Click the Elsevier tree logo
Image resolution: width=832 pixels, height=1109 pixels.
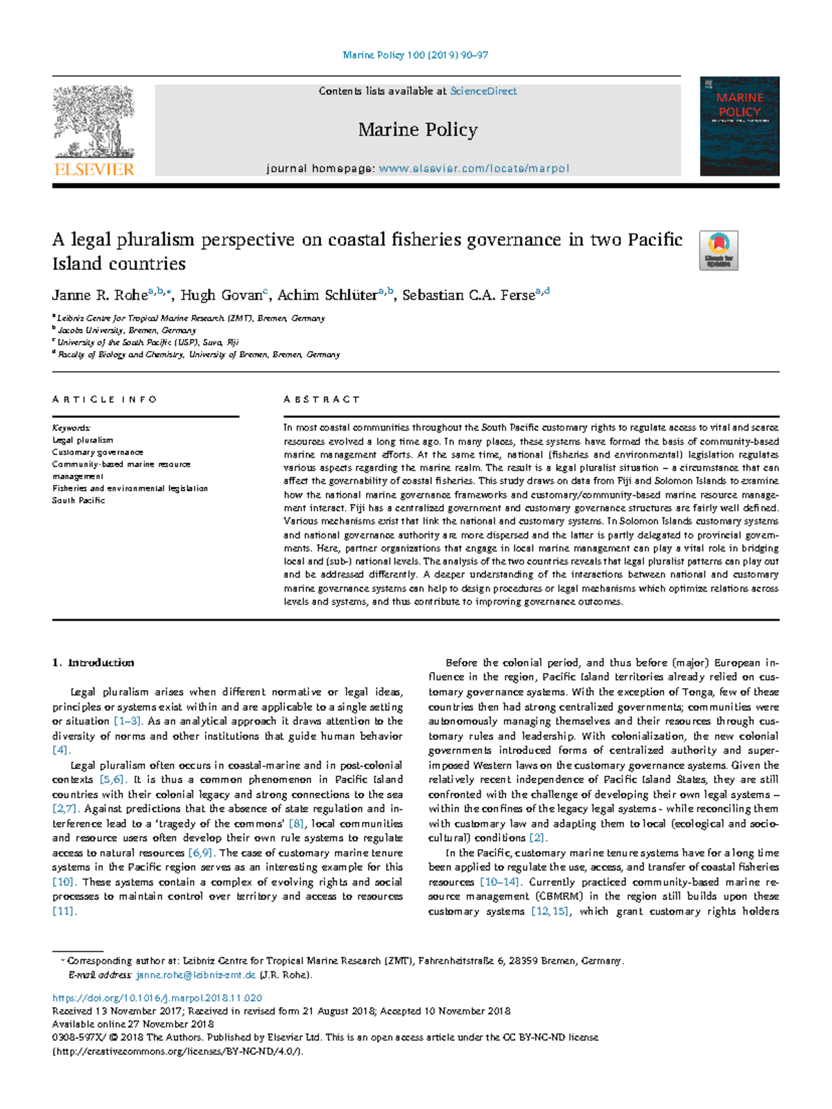click(94, 123)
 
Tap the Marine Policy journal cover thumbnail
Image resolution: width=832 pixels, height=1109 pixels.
click(739, 126)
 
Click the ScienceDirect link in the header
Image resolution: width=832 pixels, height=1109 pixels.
click(483, 91)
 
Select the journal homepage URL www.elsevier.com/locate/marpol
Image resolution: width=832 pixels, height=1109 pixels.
click(474, 169)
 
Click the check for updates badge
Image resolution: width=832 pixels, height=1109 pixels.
click(718, 250)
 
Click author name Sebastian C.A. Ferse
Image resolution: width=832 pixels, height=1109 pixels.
click(469, 295)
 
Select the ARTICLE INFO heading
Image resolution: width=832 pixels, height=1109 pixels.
click(105, 399)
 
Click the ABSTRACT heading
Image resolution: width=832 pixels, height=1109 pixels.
click(322, 399)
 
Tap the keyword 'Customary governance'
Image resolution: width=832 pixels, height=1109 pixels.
click(98, 452)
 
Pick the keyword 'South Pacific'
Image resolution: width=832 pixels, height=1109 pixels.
click(78, 500)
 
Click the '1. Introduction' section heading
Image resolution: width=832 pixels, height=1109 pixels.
click(94, 663)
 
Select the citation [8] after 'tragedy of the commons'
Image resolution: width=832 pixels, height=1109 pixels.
click(296, 824)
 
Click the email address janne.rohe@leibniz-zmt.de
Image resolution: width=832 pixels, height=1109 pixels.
click(196, 975)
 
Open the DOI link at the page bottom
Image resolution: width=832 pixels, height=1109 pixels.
click(157, 998)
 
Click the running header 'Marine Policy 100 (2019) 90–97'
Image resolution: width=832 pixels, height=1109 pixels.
click(415, 55)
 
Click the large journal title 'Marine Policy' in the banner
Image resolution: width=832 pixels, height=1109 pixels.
click(417, 130)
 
